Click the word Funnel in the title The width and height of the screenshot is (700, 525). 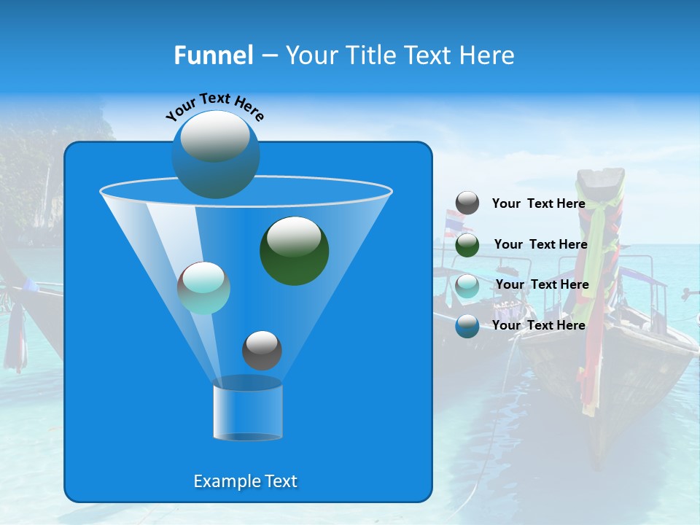coord(214,55)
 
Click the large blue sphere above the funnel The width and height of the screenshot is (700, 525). coord(216,154)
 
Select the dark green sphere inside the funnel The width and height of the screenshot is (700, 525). coord(295,250)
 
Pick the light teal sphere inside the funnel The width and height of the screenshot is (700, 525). coord(204,288)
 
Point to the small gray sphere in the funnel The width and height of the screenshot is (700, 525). coord(262,350)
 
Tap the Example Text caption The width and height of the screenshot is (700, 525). coord(245,481)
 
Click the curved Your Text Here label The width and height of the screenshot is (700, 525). coord(214,106)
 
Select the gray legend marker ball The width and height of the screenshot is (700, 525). coord(467,203)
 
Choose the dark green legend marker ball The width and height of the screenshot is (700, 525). coord(467,245)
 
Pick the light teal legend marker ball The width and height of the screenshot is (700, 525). coord(467,285)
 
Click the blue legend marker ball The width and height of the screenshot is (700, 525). coord(467,325)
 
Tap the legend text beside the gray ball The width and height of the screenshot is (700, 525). coord(538,204)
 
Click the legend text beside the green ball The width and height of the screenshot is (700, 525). coord(540,245)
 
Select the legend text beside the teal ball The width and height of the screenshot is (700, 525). coord(542,285)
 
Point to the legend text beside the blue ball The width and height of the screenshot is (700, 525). coord(538,325)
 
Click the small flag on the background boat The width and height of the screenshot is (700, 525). coord(455,218)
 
